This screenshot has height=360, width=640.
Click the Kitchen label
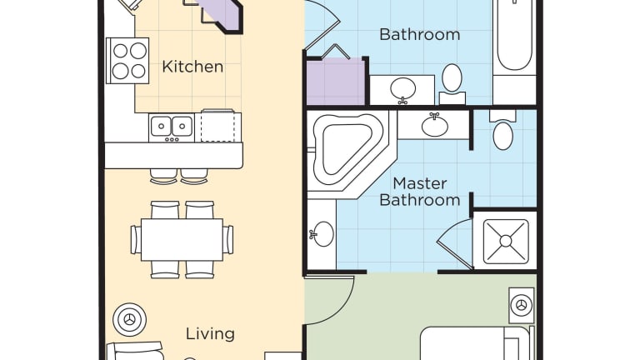click(192, 67)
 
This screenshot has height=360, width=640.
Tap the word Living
click(210, 334)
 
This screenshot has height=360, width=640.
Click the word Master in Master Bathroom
click(420, 183)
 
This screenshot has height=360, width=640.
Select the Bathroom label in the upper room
click(420, 34)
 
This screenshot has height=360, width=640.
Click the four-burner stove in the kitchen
click(127, 61)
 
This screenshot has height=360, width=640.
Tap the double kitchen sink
click(172, 127)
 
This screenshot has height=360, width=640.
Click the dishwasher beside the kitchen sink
click(218, 126)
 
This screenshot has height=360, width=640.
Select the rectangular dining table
click(182, 240)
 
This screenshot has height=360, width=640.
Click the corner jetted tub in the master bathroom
click(352, 154)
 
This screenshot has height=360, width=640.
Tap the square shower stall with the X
click(506, 241)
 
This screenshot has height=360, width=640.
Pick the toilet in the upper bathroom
click(452, 84)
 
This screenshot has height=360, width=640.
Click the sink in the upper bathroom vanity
click(402, 88)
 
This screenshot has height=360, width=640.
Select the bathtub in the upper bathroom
click(514, 37)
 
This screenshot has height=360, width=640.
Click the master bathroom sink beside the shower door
click(322, 234)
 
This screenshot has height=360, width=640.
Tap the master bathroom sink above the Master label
click(435, 125)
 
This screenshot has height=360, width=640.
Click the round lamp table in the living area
click(129, 320)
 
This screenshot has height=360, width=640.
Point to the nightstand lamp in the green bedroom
click(521, 305)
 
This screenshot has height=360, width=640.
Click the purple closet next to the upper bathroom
click(336, 81)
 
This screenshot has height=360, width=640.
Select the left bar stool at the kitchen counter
click(163, 176)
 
